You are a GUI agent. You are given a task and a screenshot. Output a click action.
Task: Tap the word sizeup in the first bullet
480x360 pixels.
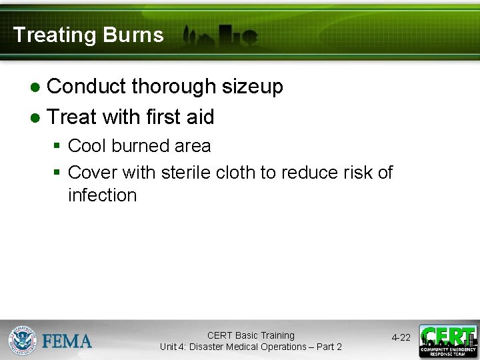tap(253, 87)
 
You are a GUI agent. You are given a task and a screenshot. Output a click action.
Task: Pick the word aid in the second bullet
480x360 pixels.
tap(200, 117)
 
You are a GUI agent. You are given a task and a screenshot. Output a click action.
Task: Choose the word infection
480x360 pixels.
tap(102, 195)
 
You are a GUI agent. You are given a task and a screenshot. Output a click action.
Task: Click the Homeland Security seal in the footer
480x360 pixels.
tap(22, 340)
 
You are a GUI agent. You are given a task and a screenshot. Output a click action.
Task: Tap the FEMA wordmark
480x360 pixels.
tap(67, 341)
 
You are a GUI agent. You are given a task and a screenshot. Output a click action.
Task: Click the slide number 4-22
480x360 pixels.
tap(401, 338)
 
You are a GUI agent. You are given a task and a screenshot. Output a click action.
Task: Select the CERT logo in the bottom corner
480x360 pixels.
tap(448, 341)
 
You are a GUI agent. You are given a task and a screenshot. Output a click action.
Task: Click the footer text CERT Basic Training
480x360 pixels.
tap(251, 335)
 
